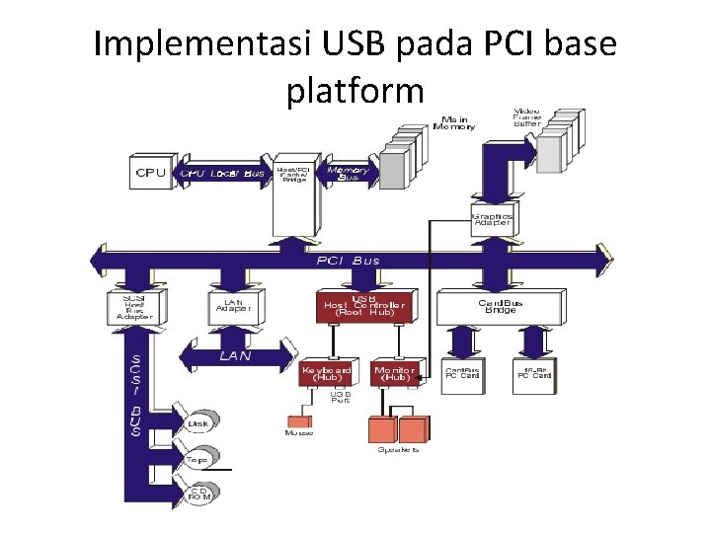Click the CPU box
click(x=151, y=173)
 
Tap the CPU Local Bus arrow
click(x=223, y=174)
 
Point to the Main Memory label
click(x=454, y=121)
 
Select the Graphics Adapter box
click(x=493, y=218)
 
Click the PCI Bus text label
click(x=348, y=261)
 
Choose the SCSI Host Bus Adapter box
click(x=134, y=306)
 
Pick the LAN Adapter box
click(x=234, y=306)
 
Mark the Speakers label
click(x=399, y=449)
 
